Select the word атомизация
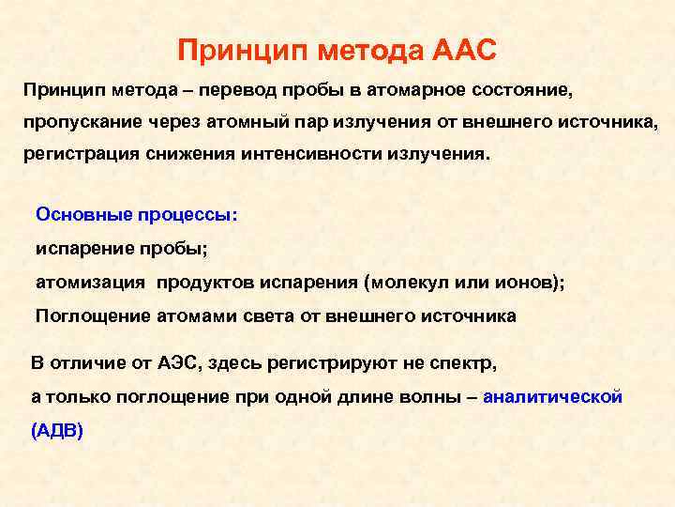click(x=90, y=282)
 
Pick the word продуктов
click(x=202, y=282)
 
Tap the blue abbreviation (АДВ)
click(x=57, y=431)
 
